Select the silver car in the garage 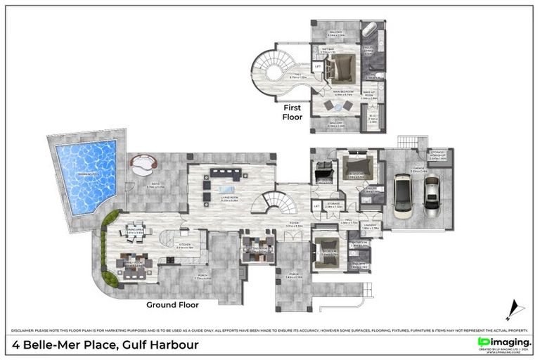click(431, 192)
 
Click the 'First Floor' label click(294, 112)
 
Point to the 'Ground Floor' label click(172, 305)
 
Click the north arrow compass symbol click(514, 308)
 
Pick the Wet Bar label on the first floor click(328, 51)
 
